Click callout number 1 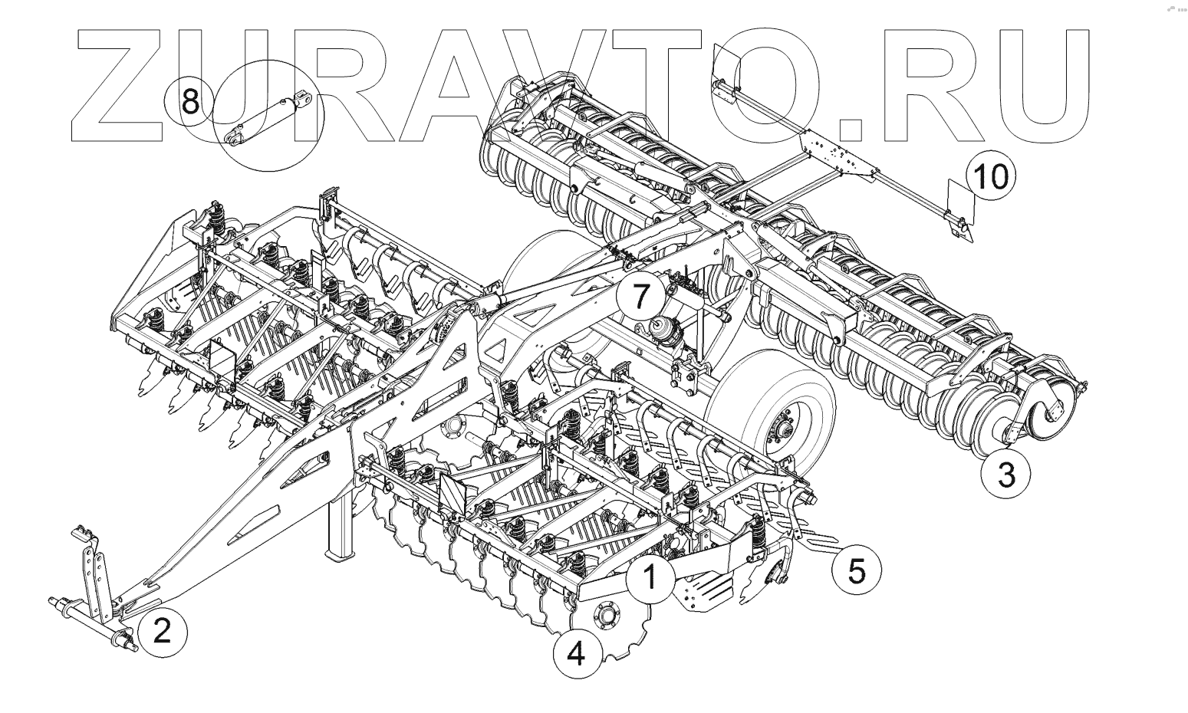[650, 577]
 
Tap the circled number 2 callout [162, 631]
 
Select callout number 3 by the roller [1006, 475]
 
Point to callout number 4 [576, 654]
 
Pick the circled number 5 [857, 570]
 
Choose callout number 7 [641, 295]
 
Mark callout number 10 [991, 176]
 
